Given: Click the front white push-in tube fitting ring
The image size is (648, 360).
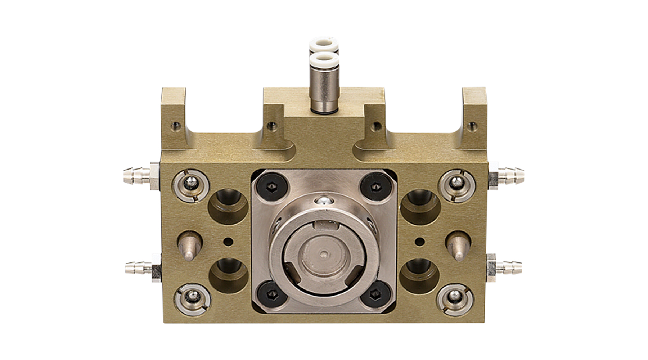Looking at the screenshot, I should pos(324,60).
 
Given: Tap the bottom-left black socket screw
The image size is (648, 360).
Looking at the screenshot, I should pos(272,293).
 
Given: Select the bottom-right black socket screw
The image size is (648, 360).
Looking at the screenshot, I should pos(375,293).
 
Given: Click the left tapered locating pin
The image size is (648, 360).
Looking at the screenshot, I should pos(189,247).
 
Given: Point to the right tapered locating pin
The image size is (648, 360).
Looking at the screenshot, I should pos(458,247).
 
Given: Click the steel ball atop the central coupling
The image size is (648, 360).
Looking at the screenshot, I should pos(324,202).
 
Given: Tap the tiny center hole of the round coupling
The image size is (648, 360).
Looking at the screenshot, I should pos(324,254).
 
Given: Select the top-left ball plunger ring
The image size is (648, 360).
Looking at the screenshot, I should pos(191,185).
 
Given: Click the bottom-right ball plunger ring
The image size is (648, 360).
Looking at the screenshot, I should pos(455,299).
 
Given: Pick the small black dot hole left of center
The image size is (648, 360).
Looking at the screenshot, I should pos(228,242).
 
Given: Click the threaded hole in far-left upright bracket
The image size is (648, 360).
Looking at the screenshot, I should pos(176,126).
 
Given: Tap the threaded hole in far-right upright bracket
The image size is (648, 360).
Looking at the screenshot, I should pos(472,126).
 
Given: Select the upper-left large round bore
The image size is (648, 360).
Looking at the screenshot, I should pos(228,206).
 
